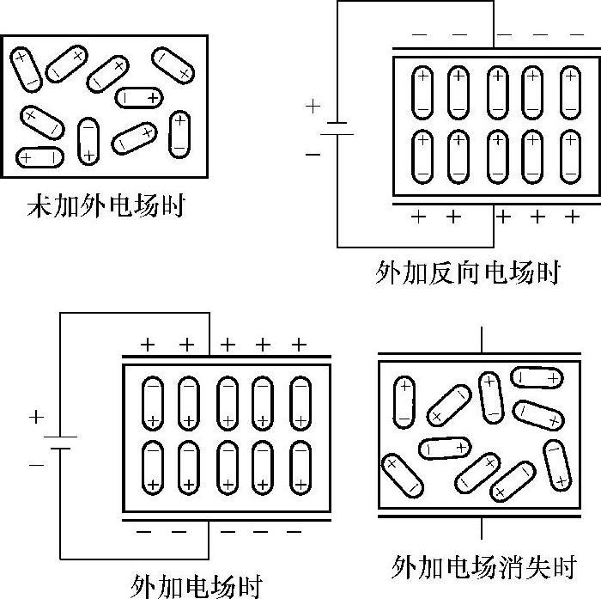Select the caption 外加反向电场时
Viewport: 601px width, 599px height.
point(467,273)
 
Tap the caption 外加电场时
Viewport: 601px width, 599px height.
point(196,584)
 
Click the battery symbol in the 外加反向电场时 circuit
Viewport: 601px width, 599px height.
point(338,128)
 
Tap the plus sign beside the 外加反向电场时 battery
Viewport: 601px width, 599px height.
point(313,107)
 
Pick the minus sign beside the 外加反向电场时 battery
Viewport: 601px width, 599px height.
point(313,155)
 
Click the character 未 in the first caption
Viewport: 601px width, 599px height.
point(37,207)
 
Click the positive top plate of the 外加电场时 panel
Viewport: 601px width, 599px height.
point(227,357)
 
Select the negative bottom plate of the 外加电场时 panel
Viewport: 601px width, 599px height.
point(227,519)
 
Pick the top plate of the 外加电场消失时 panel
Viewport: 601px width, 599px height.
point(485,352)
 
